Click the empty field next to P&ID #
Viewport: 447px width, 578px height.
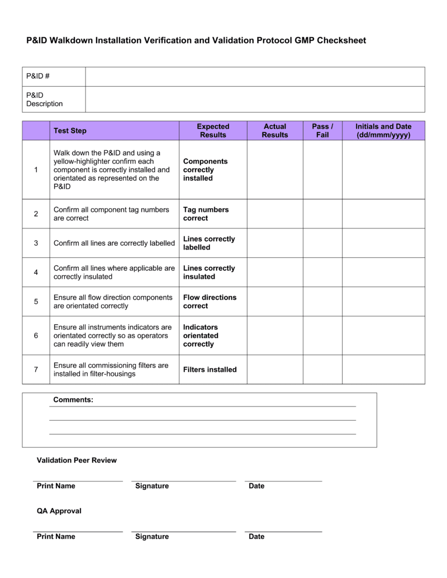255,77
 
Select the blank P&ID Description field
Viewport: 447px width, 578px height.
255,99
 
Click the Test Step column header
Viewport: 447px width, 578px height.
70,131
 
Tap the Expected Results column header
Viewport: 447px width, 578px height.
213,131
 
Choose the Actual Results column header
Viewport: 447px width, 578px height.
275,131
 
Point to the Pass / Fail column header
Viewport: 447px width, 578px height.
322,131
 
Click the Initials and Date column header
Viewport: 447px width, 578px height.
383,131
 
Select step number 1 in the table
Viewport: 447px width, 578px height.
36,170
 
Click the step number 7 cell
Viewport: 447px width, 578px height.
36,370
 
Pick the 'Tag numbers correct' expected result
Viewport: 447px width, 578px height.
206,214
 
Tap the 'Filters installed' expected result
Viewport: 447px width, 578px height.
210,370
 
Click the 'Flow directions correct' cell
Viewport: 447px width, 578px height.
210,302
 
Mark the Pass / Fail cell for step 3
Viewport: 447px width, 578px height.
322,243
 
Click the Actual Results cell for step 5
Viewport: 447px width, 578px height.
275,302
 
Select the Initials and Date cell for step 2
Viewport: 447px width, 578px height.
383,214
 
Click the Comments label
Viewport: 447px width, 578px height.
73,400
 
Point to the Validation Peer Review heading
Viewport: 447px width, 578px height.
77,460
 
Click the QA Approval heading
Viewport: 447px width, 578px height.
59,511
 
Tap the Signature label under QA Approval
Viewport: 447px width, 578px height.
152,537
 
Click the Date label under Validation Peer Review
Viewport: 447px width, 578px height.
256,486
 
